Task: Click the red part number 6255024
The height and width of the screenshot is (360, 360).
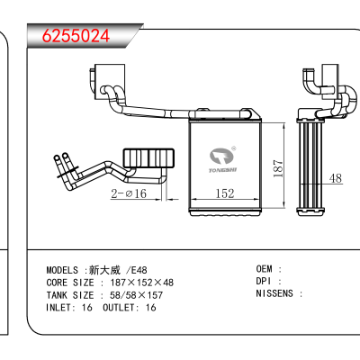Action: [x=76, y=36]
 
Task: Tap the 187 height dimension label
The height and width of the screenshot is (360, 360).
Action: [x=278, y=168]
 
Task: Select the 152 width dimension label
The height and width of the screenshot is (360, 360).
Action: [x=225, y=193]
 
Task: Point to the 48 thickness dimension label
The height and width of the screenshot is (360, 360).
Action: [x=336, y=178]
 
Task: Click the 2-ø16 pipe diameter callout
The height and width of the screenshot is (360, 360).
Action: [x=129, y=193]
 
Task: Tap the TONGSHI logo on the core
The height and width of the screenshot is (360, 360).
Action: [x=222, y=160]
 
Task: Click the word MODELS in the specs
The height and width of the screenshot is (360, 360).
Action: [x=62, y=270]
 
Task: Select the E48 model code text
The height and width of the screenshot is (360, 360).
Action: [x=139, y=270]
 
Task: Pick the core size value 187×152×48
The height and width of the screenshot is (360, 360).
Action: [x=142, y=283]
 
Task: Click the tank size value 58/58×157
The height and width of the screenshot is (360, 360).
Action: [x=136, y=295]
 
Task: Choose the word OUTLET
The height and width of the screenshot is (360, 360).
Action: [x=118, y=308]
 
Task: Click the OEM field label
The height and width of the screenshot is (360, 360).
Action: [x=264, y=269]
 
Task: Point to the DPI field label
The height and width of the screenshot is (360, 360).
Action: [x=264, y=281]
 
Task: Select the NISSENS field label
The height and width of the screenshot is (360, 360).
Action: [x=274, y=293]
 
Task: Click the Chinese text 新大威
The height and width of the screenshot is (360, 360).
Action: [x=104, y=270]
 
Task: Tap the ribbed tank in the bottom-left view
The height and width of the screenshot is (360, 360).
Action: [x=148, y=157]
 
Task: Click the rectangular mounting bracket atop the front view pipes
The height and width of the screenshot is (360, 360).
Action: [x=110, y=82]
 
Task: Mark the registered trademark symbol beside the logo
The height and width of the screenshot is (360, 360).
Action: [x=234, y=148]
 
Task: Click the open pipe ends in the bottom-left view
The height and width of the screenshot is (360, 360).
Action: [x=60, y=157]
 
